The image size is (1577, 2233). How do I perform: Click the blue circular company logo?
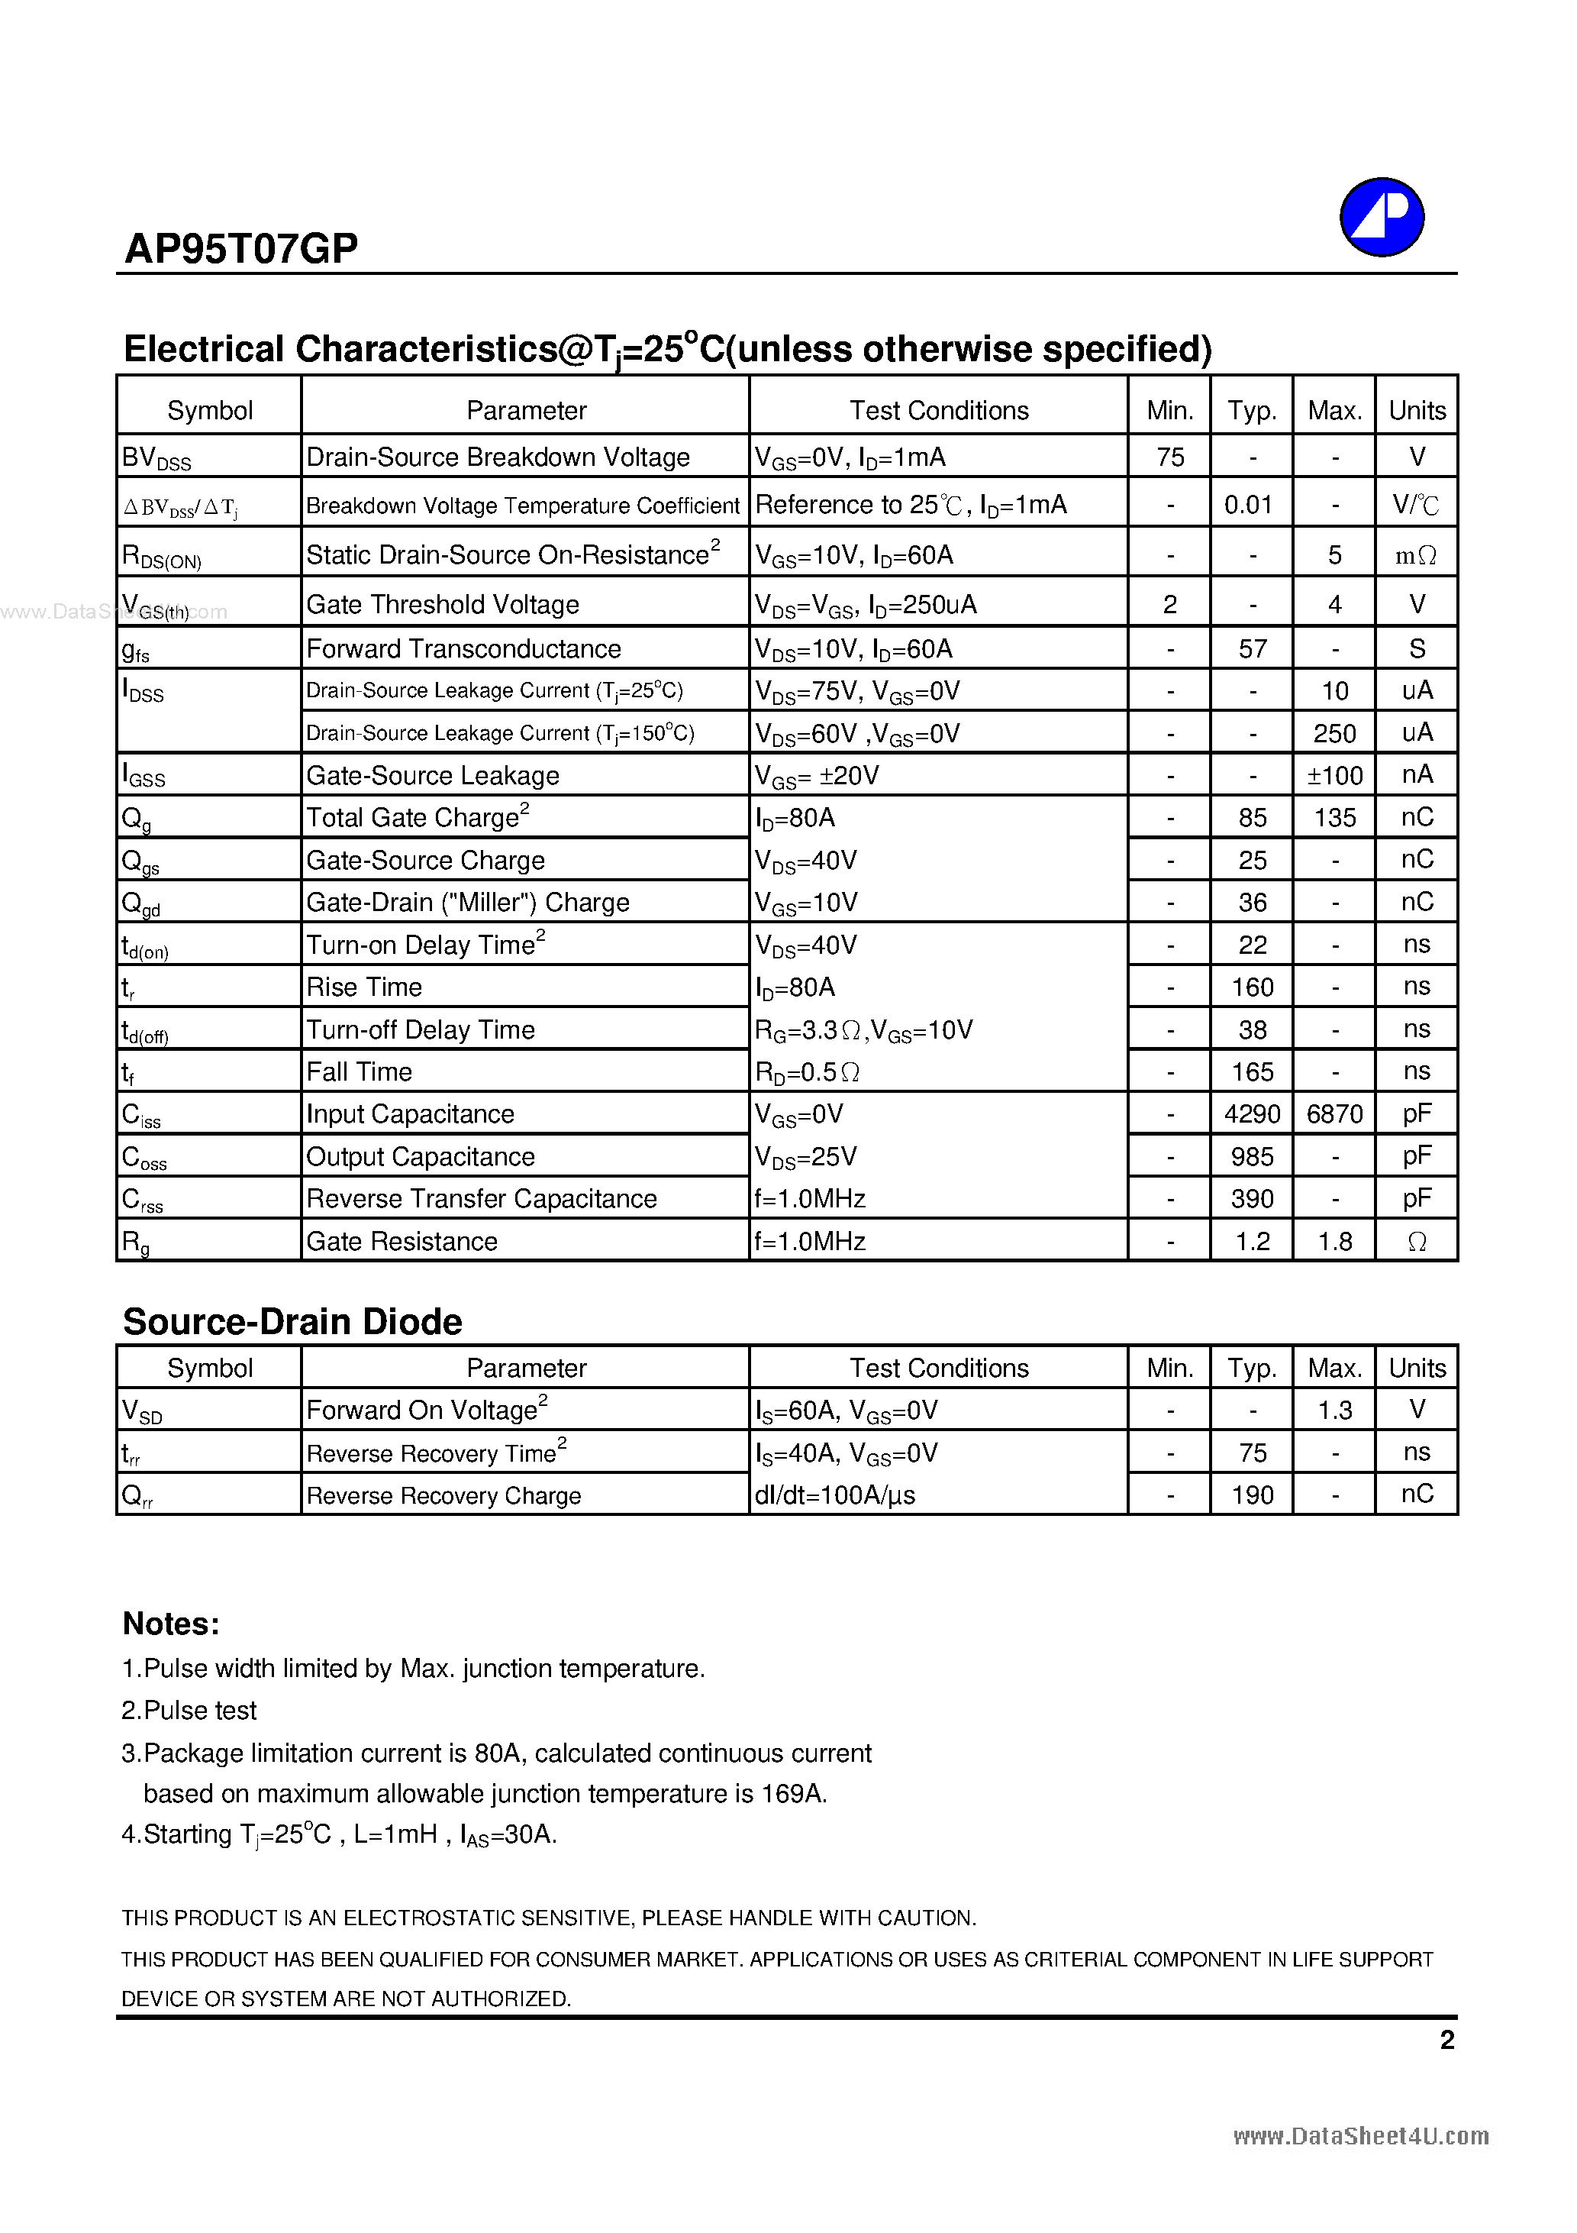click(x=1381, y=216)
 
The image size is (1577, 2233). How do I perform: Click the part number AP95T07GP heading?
click(x=241, y=249)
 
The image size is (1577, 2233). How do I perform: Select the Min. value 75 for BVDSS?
click(x=1169, y=457)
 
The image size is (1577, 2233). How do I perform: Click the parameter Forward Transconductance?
click(x=463, y=648)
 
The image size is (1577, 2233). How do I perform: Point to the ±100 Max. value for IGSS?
click(x=1334, y=775)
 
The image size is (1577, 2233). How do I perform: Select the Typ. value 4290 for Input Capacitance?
click(x=1251, y=1113)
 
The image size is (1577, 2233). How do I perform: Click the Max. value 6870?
click(x=1334, y=1113)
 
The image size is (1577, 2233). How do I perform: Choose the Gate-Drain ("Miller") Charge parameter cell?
click(x=468, y=903)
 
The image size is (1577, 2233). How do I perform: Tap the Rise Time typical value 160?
click(x=1251, y=987)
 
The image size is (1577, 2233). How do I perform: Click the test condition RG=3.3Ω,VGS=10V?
click(x=863, y=1030)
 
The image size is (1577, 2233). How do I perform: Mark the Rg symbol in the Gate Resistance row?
click(x=136, y=1242)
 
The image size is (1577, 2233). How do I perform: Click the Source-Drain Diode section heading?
click(x=292, y=1322)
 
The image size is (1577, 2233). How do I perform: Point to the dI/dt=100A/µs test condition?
click(x=834, y=1495)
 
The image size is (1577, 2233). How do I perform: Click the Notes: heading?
click(x=171, y=1624)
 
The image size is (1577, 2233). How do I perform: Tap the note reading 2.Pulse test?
click(x=189, y=1711)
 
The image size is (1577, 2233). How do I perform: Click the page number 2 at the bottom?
click(x=1446, y=2041)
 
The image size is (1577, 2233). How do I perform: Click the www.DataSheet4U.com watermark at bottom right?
click(x=1360, y=2136)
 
